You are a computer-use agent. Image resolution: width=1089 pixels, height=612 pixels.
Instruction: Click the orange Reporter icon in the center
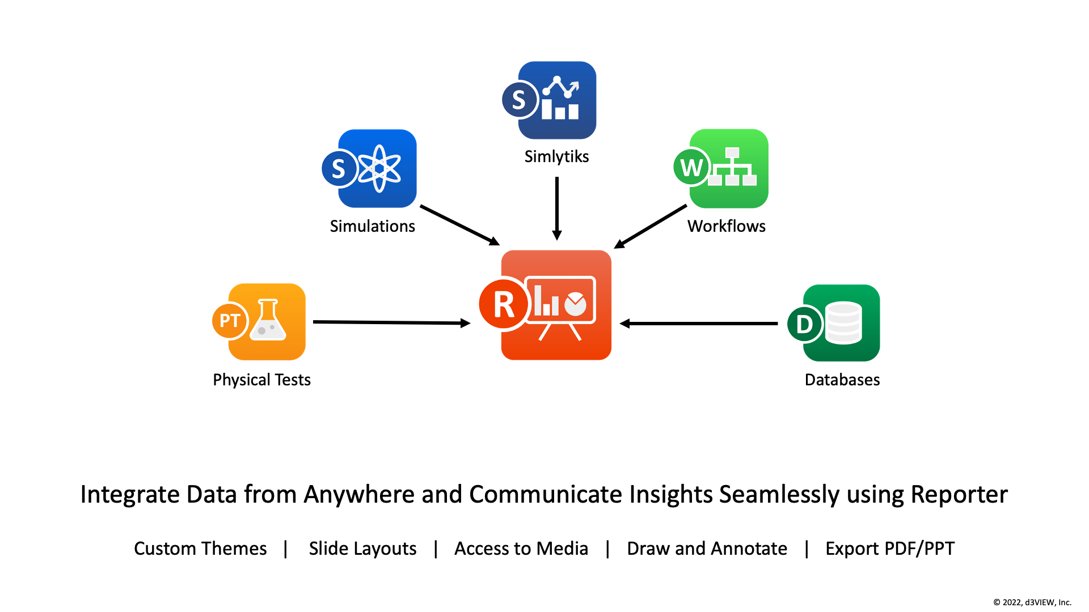(x=546, y=305)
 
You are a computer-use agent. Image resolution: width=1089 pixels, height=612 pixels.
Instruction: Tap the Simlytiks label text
(x=556, y=156)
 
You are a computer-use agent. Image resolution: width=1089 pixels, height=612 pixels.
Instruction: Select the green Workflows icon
(x=721, y=168)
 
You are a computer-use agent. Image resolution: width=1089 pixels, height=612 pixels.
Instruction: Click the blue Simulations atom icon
(x=369, y=168)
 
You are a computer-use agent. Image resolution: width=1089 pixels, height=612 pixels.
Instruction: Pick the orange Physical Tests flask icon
(x=259, y=321)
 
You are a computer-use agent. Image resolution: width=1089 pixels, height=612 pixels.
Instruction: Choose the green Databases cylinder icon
(x=834, y=323)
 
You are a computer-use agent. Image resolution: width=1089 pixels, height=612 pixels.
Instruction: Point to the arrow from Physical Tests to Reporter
(x=392, y=322)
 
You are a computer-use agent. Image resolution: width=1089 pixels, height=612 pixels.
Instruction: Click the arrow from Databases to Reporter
(x=699, y=324)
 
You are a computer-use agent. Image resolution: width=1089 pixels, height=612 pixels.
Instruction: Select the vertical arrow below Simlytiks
(x=557, y=209)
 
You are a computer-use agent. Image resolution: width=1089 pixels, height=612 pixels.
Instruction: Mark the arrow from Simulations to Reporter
(x=460, y=226)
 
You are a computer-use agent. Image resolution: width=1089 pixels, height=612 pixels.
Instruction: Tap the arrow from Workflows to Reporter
(x=651, y=227)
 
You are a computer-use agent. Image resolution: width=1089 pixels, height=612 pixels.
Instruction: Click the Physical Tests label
(x=261, y=380)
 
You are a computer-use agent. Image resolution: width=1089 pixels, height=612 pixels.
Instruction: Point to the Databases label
(x=842, y=380)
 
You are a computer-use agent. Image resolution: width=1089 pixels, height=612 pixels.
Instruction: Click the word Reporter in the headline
(x=959, y=494)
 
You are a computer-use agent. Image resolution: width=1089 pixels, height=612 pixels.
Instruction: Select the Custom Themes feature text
(x=200, y=549)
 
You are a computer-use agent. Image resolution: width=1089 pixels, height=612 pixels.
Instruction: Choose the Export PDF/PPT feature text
(x=890, y=549)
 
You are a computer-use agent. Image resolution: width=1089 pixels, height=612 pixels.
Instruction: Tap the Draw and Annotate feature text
(x=707, y=549)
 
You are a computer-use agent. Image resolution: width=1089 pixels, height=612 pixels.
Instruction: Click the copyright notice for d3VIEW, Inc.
(x=1032, y=602)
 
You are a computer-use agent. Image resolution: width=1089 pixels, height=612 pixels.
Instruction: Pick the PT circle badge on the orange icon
(x=230, y=321)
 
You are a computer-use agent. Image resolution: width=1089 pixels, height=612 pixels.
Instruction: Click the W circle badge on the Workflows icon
(x=692, y=167)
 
